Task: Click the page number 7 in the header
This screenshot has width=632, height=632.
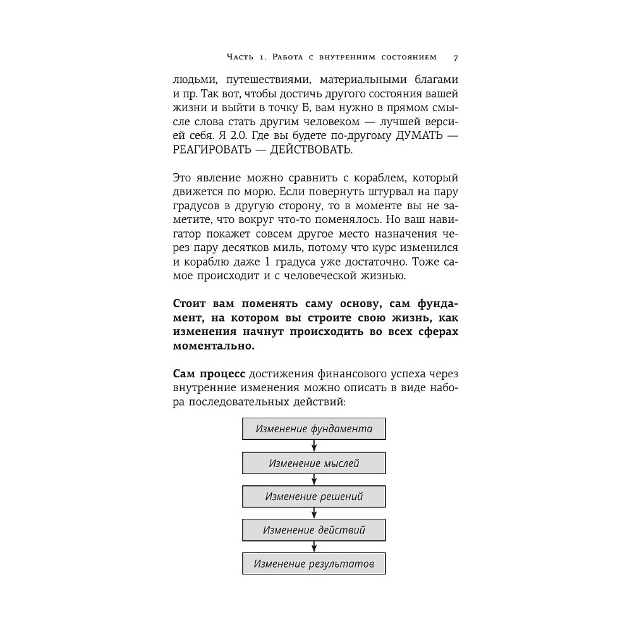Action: [x=456, y=58]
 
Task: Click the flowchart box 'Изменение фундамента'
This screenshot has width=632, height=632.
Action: [x=314, y=428]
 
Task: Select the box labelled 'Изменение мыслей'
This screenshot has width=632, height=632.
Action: [x=314, y=463]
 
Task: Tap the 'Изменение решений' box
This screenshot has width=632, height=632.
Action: [x=314, y=496]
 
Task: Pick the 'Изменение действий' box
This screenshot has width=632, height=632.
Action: [x=314, y=530]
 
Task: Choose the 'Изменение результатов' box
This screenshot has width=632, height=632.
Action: [x=314, y=563]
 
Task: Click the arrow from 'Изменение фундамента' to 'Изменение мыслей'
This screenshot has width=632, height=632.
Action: [x=314, y=446]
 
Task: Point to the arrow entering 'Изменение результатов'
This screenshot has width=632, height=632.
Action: [x=314, y=546]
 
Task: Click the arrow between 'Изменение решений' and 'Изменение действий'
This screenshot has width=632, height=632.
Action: [x=314, y=513]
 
